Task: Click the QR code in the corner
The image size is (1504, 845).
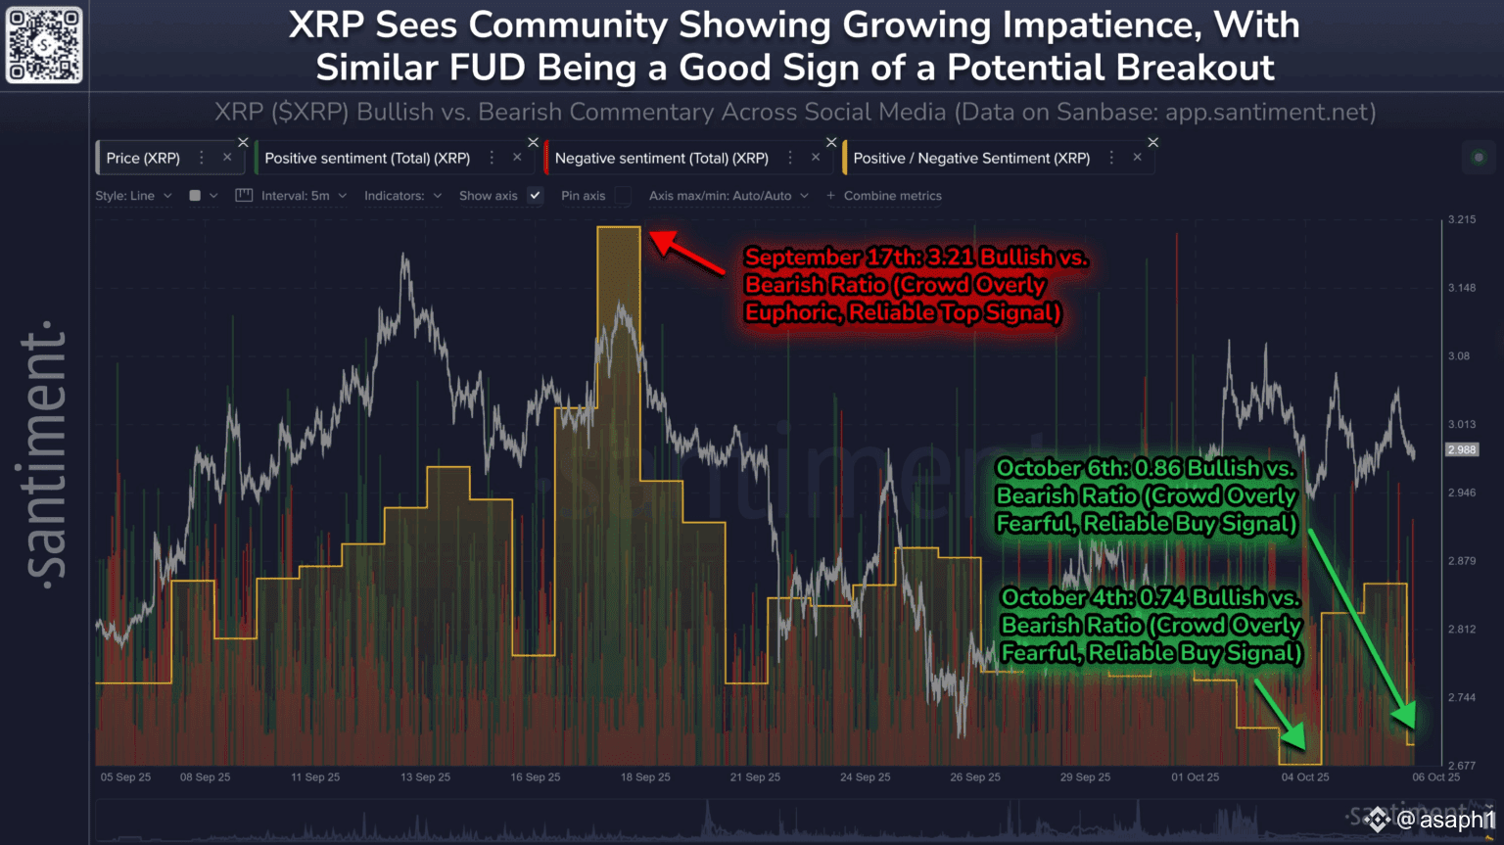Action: [44, 45]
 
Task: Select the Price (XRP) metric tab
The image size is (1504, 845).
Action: [143, 158]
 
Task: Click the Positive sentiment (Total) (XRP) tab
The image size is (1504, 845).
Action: [367, 158]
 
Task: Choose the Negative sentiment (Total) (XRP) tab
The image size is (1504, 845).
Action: [661, 158]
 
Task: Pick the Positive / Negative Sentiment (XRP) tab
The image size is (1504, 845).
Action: [971, 158]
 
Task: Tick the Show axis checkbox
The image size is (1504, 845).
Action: [535, 196]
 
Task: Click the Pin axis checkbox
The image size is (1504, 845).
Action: [623, 196]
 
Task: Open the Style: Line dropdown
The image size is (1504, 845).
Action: [133, 196]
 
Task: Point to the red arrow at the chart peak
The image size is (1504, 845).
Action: [686, 253]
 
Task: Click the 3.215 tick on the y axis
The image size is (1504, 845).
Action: [1462, 220]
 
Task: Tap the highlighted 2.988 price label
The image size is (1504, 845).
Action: [1462, 449]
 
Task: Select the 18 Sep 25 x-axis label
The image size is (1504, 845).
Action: [645, 777]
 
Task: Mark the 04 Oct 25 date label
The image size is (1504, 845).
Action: [1305, 777]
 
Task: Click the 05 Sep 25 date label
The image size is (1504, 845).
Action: [125, 777]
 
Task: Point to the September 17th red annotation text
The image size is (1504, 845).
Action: [916, 284]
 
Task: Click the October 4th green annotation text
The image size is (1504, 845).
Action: [1151, 625]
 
